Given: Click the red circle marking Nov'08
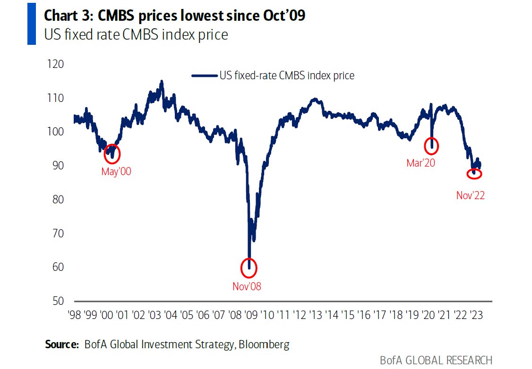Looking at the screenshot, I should point(249,268).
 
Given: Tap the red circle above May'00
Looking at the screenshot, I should point(112,153).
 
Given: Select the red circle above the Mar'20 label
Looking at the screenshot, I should point(431,146).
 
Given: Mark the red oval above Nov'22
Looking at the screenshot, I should point(474,174).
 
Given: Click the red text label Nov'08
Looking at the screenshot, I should point(247,286).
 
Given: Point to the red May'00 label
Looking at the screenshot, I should point(116,172).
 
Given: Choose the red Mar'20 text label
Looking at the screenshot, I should point(420,163).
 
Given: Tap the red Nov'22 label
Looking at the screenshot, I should point(471,195).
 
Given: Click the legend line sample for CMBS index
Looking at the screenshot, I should point(204,75).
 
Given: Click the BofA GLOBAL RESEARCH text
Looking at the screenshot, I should point(436,360).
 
